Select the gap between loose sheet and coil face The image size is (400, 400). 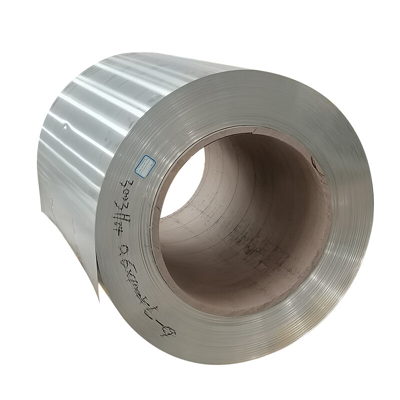click(x=100, y=260)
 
